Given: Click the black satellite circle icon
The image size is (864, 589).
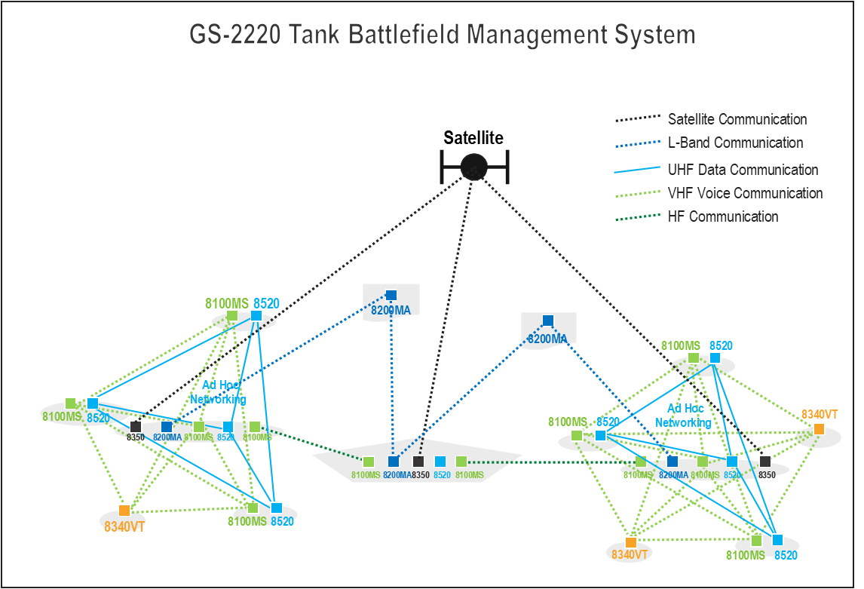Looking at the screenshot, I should (x=474, y=167).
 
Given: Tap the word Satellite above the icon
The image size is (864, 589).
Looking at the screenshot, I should (x=473, y=138).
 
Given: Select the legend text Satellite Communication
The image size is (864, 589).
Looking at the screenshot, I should (x=737, y=119).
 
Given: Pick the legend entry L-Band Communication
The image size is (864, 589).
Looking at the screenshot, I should (x=735, y=143).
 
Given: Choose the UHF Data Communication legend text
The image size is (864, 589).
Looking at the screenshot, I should (x=743, y=170).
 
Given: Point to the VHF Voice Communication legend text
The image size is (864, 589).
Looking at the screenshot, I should (x=745, y=193).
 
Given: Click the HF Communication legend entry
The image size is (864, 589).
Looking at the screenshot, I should (x=722, y=216).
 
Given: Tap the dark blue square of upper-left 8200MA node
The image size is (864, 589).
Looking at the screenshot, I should (x=391, y=296).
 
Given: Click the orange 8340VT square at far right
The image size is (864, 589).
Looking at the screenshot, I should (x=819, y=429).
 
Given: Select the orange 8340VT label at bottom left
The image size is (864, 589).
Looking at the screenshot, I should (x=124, y=526).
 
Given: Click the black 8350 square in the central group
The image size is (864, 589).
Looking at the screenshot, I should (x=418, y=462).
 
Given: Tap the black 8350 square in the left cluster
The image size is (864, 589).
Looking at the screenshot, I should (x=136, y=427).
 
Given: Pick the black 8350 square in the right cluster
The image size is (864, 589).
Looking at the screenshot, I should (x=765, y=462).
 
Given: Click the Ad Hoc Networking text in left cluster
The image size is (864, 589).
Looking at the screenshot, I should (x=218, y=392).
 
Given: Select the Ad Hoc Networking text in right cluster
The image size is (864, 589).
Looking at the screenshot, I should (x=682, y=416).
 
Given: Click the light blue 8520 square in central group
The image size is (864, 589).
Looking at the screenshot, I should (x=441, y=462).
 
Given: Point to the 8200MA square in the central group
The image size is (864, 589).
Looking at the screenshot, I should (x=393, y=462).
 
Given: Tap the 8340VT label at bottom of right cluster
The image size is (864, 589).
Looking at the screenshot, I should (x=630, y=555).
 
